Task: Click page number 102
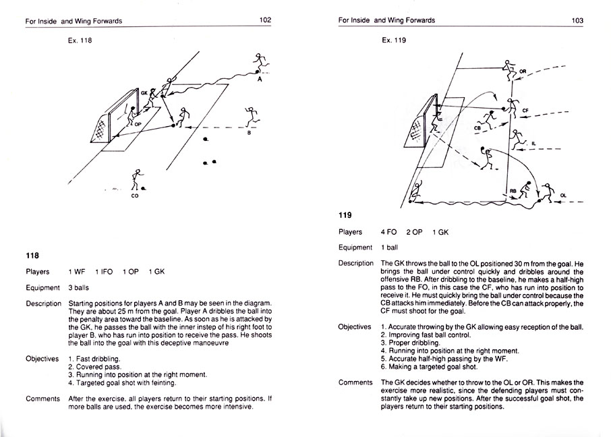click(265, 20)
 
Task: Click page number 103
click(577, 20)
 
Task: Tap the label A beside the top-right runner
click(260, 80)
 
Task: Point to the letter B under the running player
click(249, 133)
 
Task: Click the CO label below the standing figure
click(136, 196)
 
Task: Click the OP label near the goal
click(138, 124)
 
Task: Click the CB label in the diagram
click(477, 127)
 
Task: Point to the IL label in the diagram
click(533, 143)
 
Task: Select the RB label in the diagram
click(513, 191)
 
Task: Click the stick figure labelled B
click(252, 117)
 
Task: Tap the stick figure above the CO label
click(137, 180)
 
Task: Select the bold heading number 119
click(345, 216)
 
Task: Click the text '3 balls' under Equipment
click(81, 288)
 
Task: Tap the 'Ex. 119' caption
click(394, 40)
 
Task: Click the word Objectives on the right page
click(355, 327)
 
